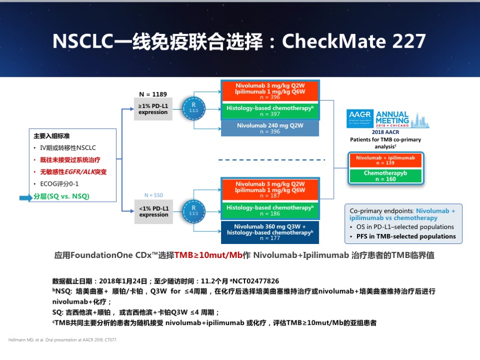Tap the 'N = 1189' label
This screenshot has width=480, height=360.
point(153,94)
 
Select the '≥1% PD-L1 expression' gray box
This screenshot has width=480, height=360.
point(153,109)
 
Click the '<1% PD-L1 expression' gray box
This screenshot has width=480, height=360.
point(154,212)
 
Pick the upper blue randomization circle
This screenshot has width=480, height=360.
point(193,109)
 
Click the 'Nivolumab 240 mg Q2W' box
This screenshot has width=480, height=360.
point(270,128)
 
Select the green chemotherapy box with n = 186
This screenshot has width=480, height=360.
point(270,210)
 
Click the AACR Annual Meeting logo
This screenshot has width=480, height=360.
point(387,119)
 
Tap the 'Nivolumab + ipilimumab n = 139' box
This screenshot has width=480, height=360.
point(386,160)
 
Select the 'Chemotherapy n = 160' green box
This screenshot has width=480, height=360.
point(386,176)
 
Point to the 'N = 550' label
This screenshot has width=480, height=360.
point(153,195)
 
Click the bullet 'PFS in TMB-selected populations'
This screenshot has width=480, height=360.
point(405,236)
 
